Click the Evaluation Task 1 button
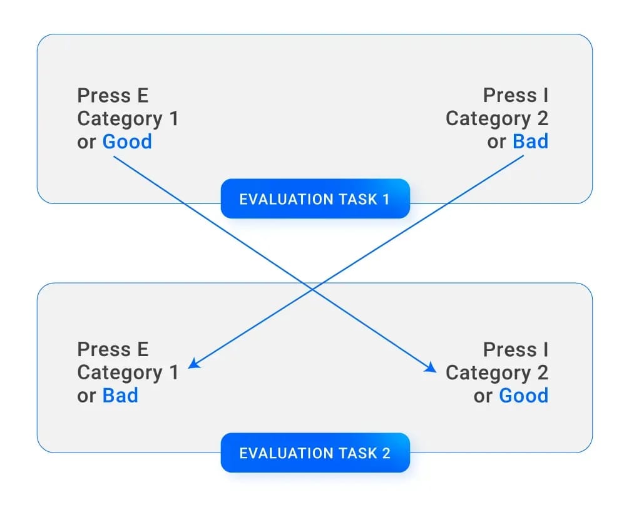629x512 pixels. click(315, 198)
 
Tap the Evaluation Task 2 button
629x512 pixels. click(315, 453)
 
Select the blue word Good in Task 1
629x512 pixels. click(127, 141)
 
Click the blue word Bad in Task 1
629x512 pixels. click(530, 141)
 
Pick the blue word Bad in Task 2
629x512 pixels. click(120, 396)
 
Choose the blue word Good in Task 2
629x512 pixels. click(523, 396)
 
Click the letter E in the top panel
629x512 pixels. click(143, 96)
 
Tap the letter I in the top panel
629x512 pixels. click(546, 96)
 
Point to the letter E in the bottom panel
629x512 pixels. click(143, 349)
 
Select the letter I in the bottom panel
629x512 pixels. click(546, 349)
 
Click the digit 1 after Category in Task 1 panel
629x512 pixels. click(174, 118)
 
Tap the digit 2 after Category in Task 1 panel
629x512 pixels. click(543, 118)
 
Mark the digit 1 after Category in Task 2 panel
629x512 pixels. click(174, 372)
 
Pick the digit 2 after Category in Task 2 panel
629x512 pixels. click(543, 372)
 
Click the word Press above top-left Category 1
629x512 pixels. click(104, 96)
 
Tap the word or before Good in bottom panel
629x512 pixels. click(483, 396)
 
